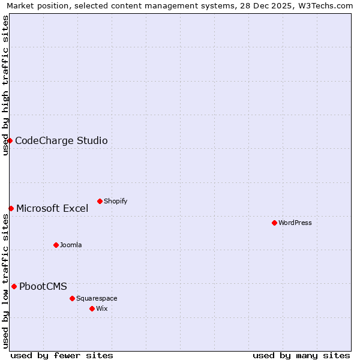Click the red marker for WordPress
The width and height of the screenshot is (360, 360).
(x=274, y=223)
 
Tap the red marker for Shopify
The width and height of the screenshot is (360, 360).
(x=100, y=201)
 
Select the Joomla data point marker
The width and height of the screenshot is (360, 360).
(x=56, y=245)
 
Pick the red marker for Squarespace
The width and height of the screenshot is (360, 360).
(x=72, y=298)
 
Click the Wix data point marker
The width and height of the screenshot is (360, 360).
(x=92, y=308)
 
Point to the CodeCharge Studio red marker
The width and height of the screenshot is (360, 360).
(x=10, y=140)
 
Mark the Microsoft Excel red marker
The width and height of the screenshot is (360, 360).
(x=11, y=208)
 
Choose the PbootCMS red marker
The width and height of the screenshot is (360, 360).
(x=14, y=286)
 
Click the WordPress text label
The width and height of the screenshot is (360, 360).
(x=295, y=223)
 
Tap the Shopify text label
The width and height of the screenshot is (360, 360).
(x=116, y=201)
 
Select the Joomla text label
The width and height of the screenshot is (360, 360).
(x=71, y=245)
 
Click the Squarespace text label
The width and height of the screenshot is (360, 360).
(x=97, y=298)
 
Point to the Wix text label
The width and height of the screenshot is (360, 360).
(x=103, y=308)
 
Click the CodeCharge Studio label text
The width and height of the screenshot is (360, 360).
(x=61, y=141)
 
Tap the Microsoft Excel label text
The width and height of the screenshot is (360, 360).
(x=52, y=209)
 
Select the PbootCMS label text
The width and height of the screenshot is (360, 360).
(x=43, y=287)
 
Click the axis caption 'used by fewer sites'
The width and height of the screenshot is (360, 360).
(x=62, y=355)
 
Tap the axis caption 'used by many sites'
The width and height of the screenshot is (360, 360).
(x=301, y=355)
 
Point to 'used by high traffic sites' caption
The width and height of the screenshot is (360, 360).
(x=5, y=85)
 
